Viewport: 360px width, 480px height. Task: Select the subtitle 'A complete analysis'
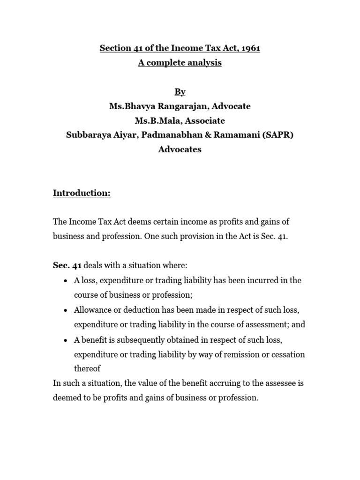tap(180, 63)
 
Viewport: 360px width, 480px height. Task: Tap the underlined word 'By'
tap(180, 91)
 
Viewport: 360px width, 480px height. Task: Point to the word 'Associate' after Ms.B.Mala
tap(204, 120)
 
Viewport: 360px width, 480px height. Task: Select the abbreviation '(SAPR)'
tap(277, 135)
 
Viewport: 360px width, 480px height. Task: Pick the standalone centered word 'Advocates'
tap(180, 150)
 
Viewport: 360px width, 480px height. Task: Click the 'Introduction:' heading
tap(82, 193)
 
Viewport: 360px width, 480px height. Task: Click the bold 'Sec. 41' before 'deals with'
tap(67, 265)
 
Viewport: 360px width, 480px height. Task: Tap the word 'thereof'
tap(87, 368)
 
